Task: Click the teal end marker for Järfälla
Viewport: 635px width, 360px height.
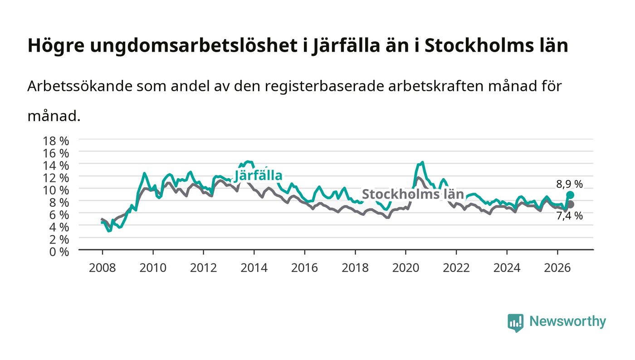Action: pyautogui.click(x=570, y=195)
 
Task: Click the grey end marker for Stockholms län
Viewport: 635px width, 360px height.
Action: pyautogui.click(x=570, y=204)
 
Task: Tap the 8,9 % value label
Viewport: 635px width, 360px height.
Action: pyautogui.click(x=569, y=184)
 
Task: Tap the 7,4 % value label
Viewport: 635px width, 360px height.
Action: pyautogui.click(x=569, y=216)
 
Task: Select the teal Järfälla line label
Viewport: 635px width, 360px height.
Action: pyautogui.click(x=258, y=176)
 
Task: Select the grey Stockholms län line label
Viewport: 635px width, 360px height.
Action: pyautogui.click(x=413, y=194)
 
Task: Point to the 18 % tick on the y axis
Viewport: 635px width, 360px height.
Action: pyautogui.click(x=55, y=141)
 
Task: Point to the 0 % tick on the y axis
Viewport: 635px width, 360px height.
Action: pyautogui.click(x=59, y=252)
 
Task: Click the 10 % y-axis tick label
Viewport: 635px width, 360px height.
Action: pyautogui.click(x=55, y=190)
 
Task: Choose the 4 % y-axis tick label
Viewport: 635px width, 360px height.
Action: pyautogui.click(x=59, y=227)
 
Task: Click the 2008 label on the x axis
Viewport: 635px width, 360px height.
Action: pyautogui.click(x=103, y=268)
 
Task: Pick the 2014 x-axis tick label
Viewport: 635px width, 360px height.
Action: pyautogui.click(x=254, y=268)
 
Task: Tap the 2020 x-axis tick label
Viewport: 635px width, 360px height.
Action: pyautogui.click(x=405, y=268)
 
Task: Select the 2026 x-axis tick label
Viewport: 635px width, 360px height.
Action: pyautogui.click(x=557, y=268)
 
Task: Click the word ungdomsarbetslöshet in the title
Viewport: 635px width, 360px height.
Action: pyautogui.click(x=194, y=46)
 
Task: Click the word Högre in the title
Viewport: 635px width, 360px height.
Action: pyautogui.click(x=56, y=46)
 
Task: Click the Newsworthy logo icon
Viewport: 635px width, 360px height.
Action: pyautogui.click(x=515, y=322)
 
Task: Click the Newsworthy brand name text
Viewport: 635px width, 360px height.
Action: pyautogui.click(x=567, y=321)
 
